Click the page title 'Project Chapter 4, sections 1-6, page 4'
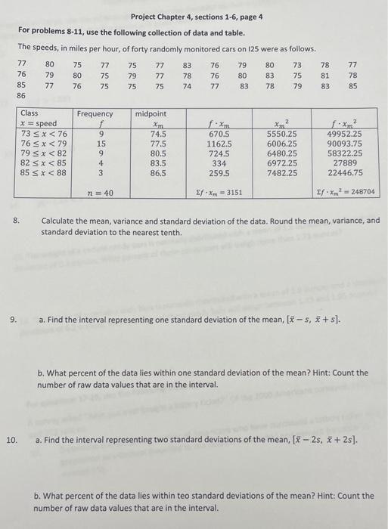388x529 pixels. click(x=196, y=17)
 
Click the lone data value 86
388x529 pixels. click(x=21, y=97)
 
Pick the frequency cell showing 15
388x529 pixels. click(x=101, y=142)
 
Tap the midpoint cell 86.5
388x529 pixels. click(x=159, y=172)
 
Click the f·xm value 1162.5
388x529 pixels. click(x=219, y=142)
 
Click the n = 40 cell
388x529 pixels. click(x=101, y=193)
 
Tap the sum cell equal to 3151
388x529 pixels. click(x=219, y=193)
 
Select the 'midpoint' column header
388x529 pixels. click(x=151, y=113)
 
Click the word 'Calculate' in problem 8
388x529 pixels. click(x=58, y=221)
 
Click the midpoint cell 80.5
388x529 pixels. click(x=159, y=153)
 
